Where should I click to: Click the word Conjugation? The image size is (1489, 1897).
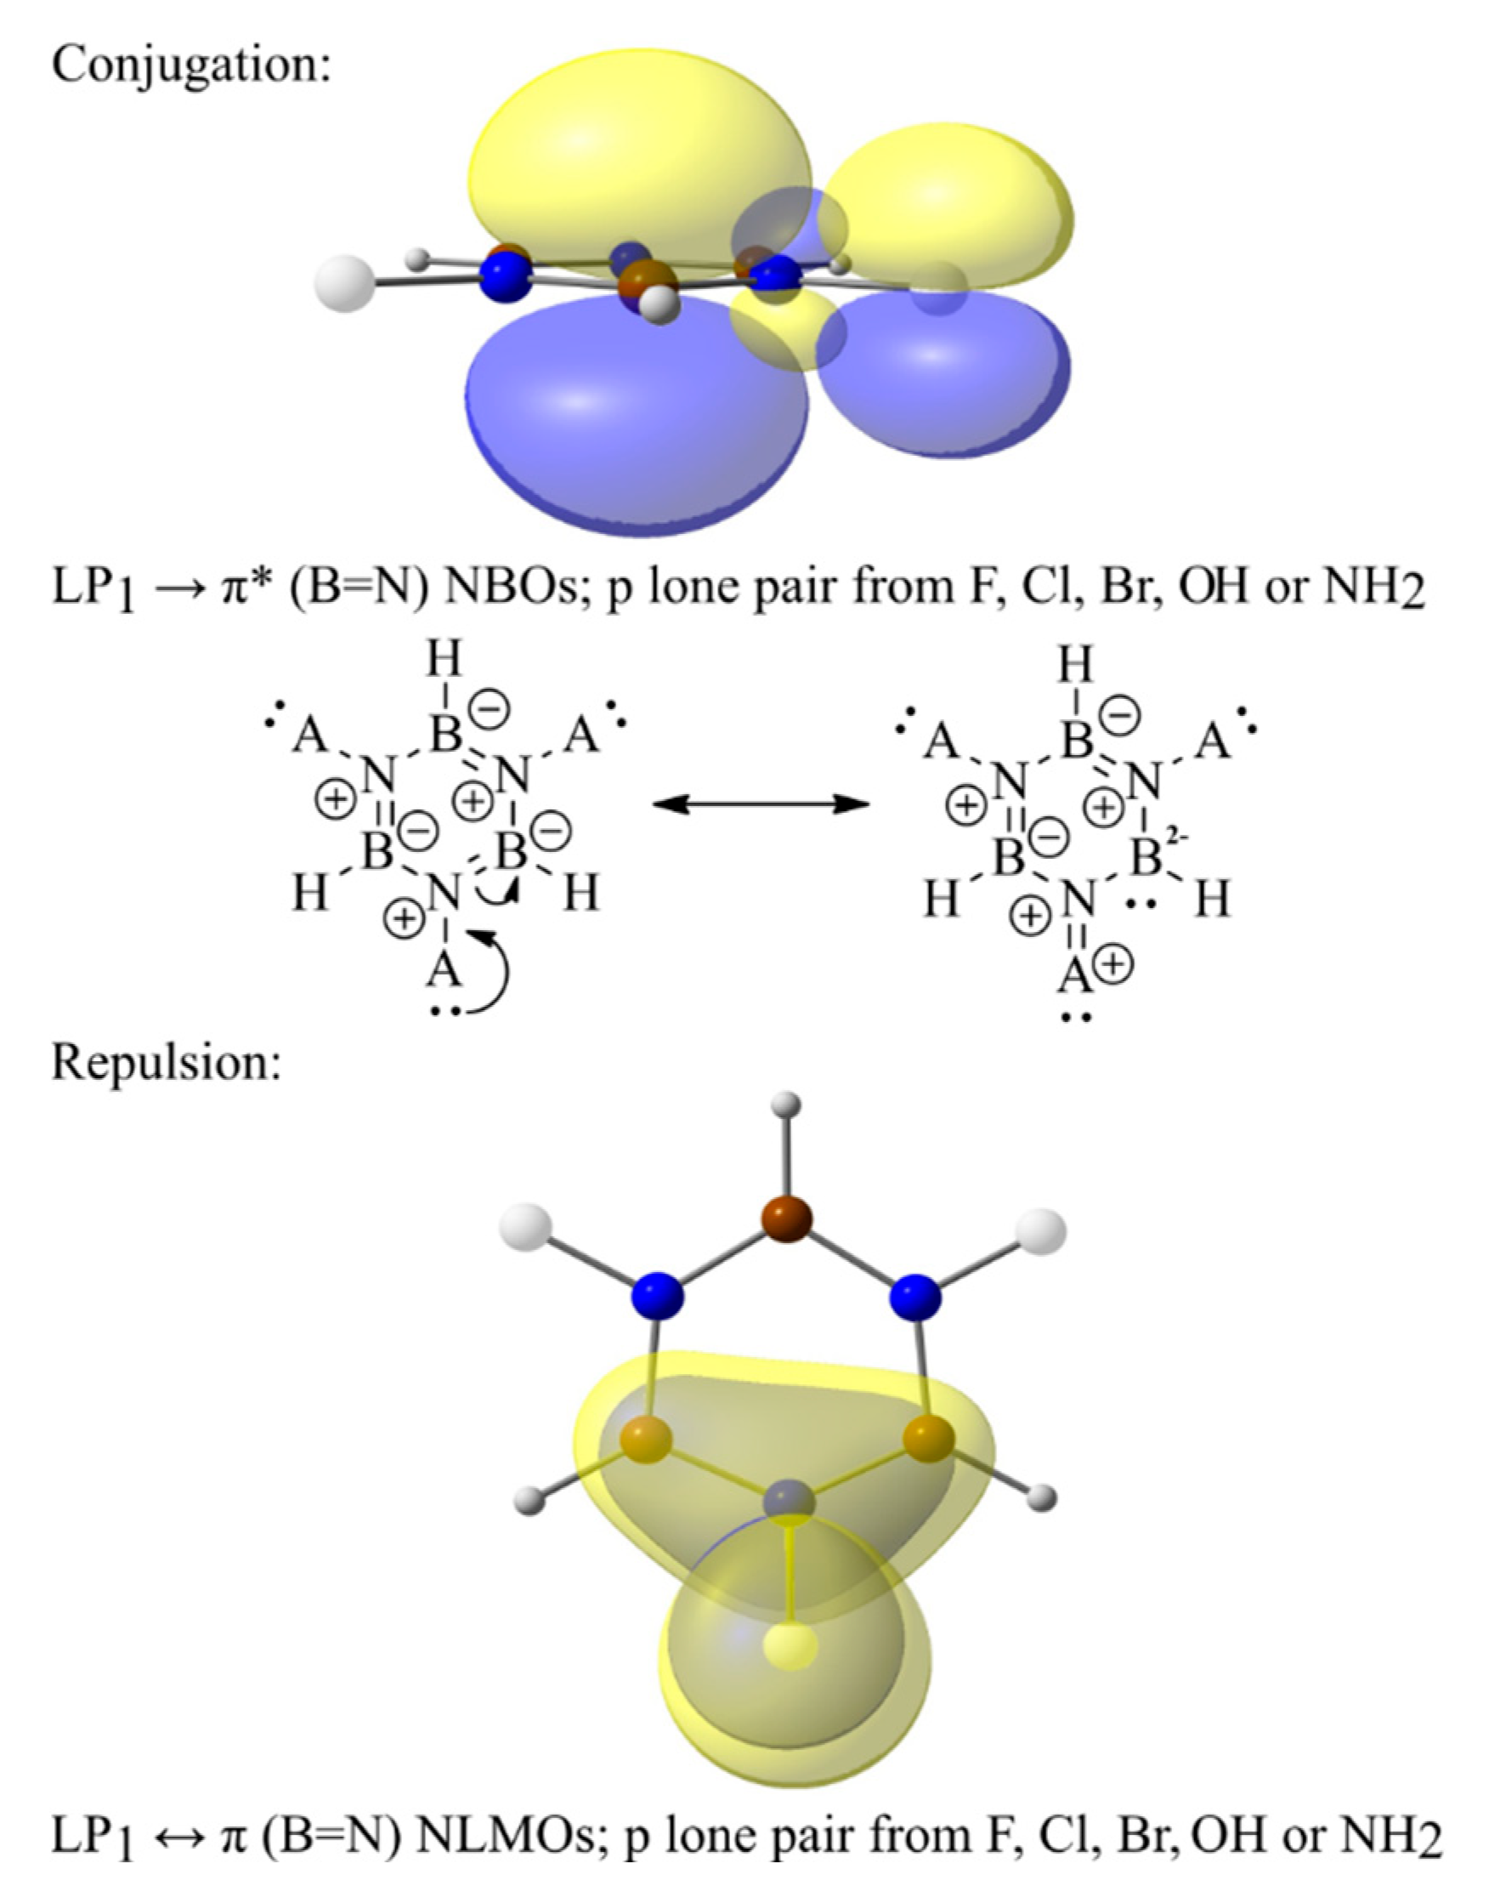191,66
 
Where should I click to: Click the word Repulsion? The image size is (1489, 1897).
167,1062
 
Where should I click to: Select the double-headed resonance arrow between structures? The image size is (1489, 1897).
761,804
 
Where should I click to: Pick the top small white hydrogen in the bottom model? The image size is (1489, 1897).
787,1105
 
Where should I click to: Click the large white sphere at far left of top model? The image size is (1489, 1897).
346,283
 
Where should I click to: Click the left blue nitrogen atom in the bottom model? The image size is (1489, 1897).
659,1296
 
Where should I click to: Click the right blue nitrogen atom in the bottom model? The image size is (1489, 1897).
914,1296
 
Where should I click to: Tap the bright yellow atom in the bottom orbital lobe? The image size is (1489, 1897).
790,1644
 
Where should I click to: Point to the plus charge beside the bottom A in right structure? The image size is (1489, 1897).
1117,966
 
